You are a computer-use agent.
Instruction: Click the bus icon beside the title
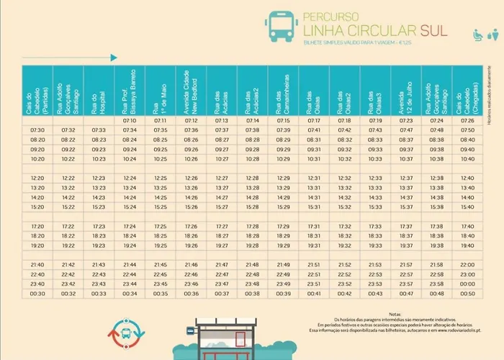pos(280,26)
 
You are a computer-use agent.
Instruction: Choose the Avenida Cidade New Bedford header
pos(191,91)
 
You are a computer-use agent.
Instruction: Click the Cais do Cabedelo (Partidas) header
pos(38,91)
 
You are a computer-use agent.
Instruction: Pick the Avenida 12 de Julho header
pos(406,91)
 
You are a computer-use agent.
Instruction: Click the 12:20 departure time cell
pos(38,178)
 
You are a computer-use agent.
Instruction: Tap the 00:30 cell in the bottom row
pos(38,294)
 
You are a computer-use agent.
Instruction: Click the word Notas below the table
pos(394,315)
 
